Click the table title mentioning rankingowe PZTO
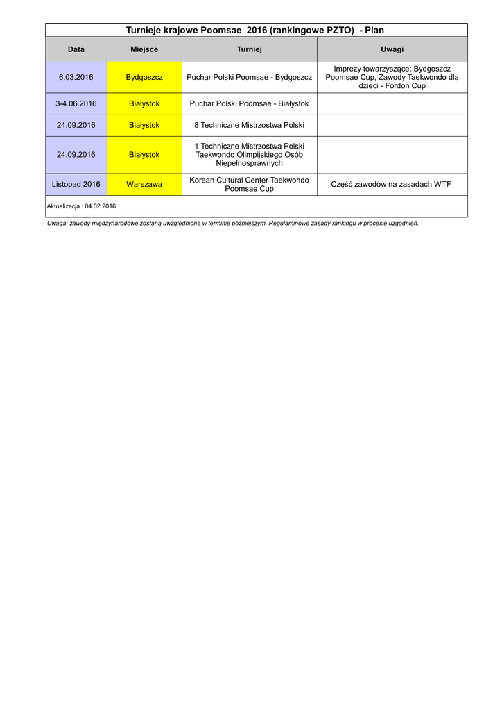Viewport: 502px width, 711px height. [x=254, y=30]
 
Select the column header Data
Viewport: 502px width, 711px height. [x=76, y=49]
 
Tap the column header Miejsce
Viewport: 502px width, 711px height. [x=144, y=49]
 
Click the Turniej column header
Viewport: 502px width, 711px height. [x=249, y=49]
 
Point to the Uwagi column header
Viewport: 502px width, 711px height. [x=392, y=49]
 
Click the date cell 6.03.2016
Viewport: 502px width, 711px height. [x=76, y=77]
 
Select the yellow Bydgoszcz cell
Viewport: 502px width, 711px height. [x=144, y=77]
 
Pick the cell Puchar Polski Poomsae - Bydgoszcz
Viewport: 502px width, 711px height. [x=249, y=77]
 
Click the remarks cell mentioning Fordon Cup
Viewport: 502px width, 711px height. [x=392, y=77]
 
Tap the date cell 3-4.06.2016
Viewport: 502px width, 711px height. [x=76, y=103]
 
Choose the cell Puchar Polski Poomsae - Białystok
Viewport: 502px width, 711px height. [x=249, y=103]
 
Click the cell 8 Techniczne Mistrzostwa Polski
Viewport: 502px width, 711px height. [x=249, y=125]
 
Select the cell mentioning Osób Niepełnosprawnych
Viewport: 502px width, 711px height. [x=249, y=155]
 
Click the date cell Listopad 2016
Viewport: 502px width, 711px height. [x=76, y=184]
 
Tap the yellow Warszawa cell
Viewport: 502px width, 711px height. [x=144, y=184]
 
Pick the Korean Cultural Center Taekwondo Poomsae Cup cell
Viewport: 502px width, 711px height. [x=249, y=184]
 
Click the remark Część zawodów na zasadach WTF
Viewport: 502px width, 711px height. [x=392, y=184]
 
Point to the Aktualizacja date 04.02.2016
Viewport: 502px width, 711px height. [x=100, y=206]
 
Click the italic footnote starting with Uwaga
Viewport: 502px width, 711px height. [x=232, y=224]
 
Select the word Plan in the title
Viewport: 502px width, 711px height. [x=374, y=30]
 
